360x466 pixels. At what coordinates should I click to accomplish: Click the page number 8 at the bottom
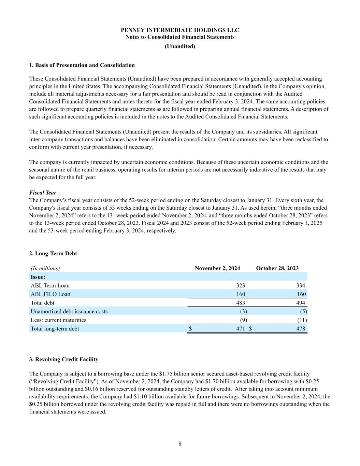(x=180, y=444)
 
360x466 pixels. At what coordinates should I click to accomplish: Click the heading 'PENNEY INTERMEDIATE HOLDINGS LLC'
(x=180, y=30)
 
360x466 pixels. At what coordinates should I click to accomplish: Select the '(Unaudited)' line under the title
(x=180, y=46)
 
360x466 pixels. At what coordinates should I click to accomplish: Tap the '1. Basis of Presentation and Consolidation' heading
(x=82, y=65)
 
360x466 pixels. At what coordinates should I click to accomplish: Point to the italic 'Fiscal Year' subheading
(x=43, y=193)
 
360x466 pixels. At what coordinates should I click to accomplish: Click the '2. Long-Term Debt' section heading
(x=53, y=254)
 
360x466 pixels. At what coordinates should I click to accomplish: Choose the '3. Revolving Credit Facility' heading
(x=64, y=359)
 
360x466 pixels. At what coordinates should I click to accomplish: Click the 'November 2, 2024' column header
(x=217, y=268)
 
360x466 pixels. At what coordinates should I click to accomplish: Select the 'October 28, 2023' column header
(x=277, y=268)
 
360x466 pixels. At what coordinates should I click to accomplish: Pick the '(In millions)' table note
(x=45, y=268)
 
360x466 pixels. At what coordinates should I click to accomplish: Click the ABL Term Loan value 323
(x=241, y=285)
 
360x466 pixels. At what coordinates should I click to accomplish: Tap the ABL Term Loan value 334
(x=301, y=285)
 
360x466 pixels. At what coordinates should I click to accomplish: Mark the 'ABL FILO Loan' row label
(x=51, y=294)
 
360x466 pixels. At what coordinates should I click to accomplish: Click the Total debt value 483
(x=241, y=303)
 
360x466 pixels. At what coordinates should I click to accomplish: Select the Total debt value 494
(x=301, y=303)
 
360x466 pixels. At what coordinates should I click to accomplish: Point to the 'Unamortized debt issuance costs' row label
(x=69, y=311)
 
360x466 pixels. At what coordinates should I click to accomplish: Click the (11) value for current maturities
(x=302, y=320)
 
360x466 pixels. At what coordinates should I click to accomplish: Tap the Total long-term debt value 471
(x=241, y=329)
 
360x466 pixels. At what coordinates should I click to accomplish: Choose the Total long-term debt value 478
(x=301, y=329)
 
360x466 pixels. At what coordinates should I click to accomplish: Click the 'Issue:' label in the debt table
(x=38, y=277)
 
